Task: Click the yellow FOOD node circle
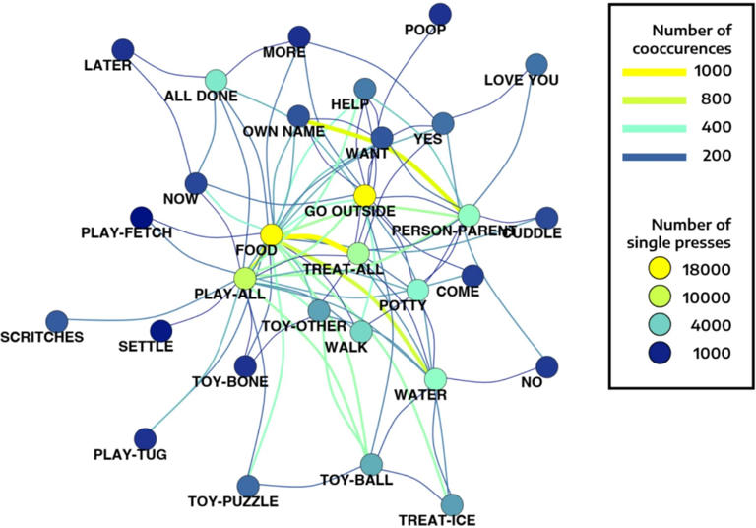click(x=272, y=234)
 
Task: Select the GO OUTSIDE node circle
click(x=365, y=194)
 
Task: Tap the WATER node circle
click(x=435, y=377)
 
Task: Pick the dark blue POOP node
click(x=440, y=14)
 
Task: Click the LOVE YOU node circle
click(x=536, y=65)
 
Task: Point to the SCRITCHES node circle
click(x=57, y=320)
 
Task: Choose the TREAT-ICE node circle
click(x=452, y=504)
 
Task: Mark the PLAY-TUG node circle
click(x=145, y=438)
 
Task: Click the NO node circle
click(x=547, y=367)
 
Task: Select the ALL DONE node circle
click(x=216, y=81)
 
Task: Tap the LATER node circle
click(x=122, y=49)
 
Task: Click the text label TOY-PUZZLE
click(x=232, y=501)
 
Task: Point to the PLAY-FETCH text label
click(x=125, y=233)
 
